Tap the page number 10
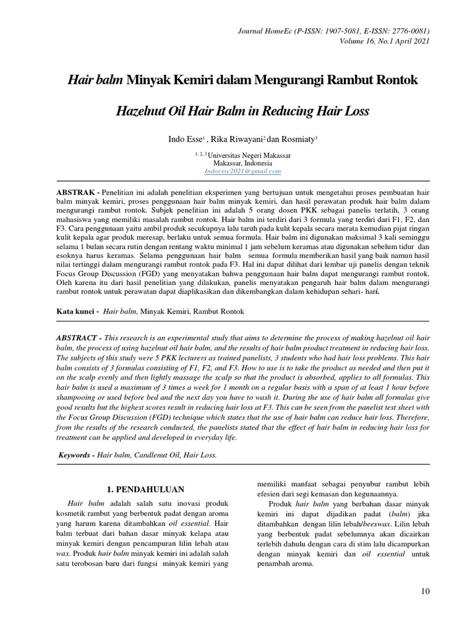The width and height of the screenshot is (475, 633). (425, 592)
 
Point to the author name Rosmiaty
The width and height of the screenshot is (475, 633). (297, 140)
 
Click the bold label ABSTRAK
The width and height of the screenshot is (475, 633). (75, 193)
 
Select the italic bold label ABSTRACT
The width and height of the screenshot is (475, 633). (77, 340)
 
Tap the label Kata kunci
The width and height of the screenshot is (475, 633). (74, 312)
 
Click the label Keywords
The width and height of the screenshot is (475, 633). (77, 454)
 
